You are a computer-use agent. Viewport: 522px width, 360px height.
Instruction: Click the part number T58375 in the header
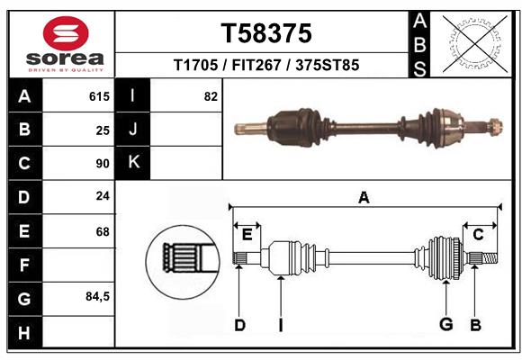click(266, 33)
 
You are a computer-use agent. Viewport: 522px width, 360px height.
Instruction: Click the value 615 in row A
click(99, 96)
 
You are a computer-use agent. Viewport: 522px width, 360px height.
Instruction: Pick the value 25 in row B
click(103, 130)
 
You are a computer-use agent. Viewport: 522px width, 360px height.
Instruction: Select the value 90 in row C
click(103, 164)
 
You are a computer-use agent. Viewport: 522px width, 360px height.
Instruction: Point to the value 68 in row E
click(103, 231)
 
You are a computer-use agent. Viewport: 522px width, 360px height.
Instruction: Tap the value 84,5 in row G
click(97, 296)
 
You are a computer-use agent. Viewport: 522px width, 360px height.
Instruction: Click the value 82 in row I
click(211, 96)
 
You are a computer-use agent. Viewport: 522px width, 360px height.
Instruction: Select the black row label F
click(24, 265)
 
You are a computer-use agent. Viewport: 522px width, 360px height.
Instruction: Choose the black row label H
click(24, 332)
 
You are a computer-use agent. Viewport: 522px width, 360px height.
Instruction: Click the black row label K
click(133, 163)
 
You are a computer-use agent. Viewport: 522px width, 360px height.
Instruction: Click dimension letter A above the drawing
click(364, 198)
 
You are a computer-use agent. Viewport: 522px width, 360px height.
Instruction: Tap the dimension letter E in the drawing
click(247, 234)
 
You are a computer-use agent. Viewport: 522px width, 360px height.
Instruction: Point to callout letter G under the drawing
click(445, 325)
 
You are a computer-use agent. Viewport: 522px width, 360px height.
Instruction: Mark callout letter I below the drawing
click(280, 325)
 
